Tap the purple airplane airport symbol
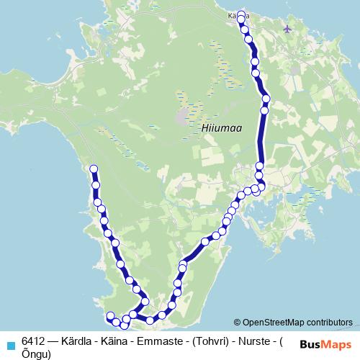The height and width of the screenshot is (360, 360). pos(289,29)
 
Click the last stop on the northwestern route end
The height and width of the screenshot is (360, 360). pos(93,169)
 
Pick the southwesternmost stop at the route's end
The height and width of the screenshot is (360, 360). pos(110,316)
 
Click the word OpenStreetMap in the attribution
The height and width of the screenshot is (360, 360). pos(274,323)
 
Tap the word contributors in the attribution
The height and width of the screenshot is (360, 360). pos(330,323)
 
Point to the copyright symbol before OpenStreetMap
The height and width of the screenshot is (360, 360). pos(238,323)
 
